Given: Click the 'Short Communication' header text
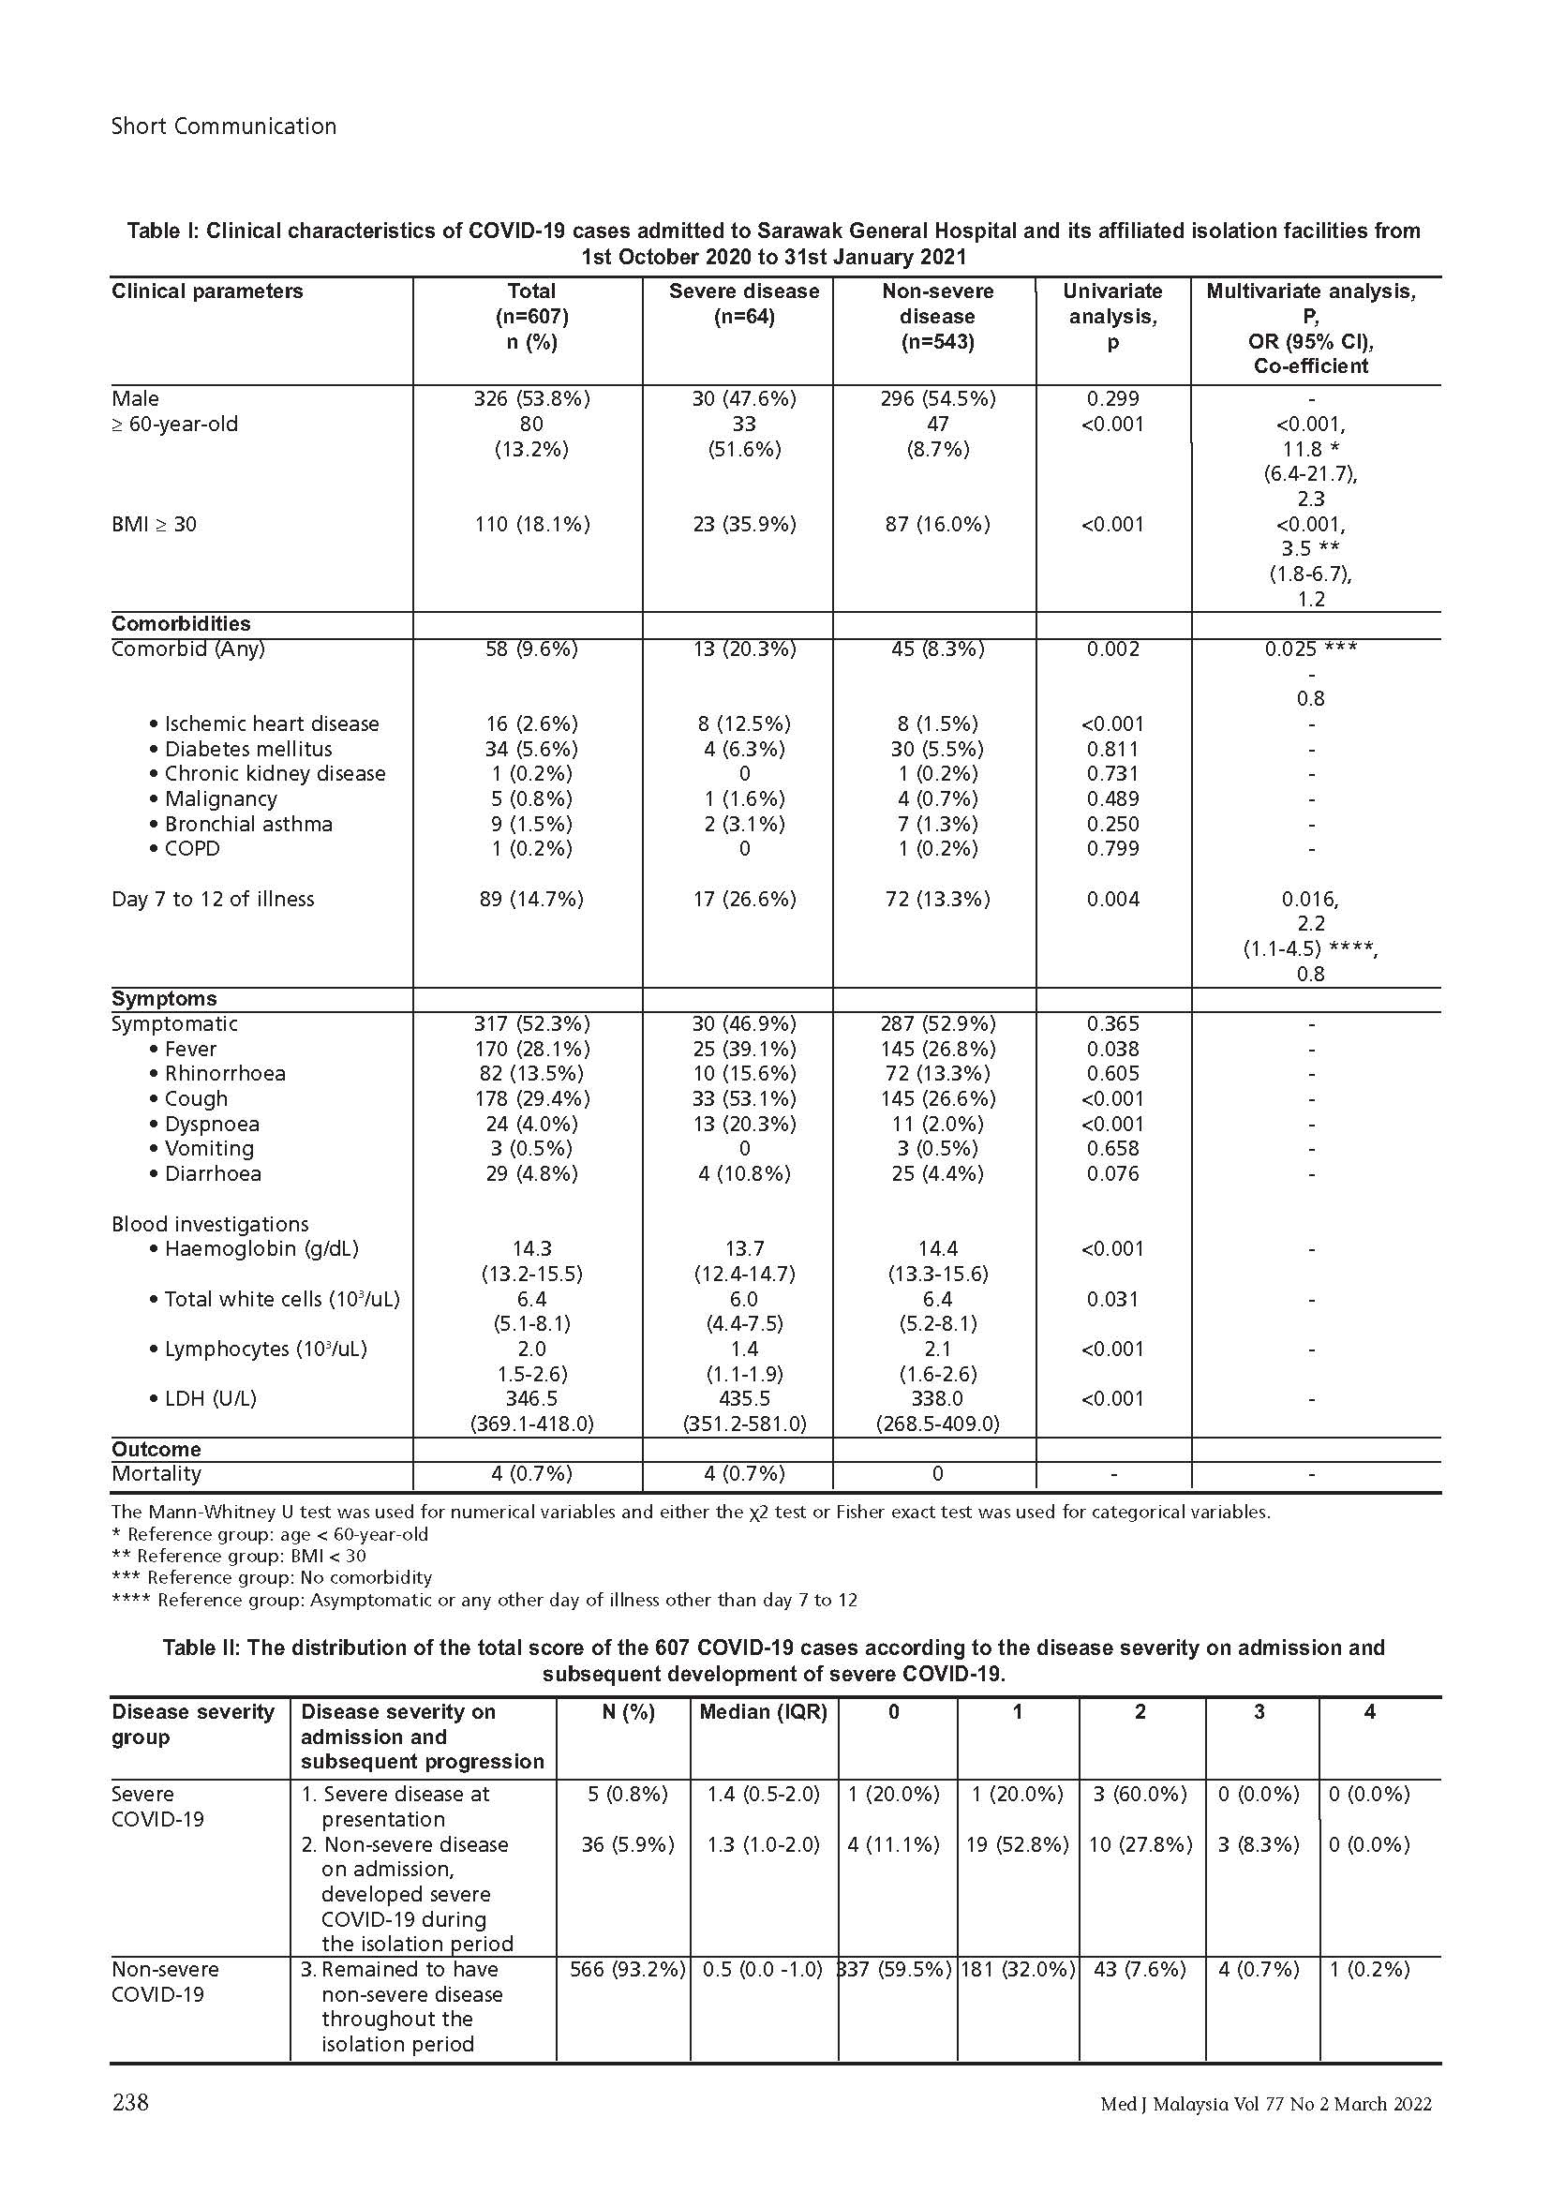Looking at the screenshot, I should (x=223, y=126).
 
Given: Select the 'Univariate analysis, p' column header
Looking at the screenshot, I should (x=1112, y=316).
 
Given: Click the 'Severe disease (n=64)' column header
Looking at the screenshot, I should (x=743, y=304).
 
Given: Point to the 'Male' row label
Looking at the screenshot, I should (x=136, y=398).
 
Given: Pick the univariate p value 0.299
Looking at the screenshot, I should (x=1112, y=398).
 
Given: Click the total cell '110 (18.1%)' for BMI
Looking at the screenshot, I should (x=531, y=524).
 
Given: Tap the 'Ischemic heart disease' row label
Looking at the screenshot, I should (x=271, y=723).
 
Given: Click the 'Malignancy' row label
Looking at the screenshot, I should (x=220, y=798).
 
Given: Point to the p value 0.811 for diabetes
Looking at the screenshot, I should (x=1112, y=749).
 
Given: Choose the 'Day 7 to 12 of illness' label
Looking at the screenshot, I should (x=213, y=899).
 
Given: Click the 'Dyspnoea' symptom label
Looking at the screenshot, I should (x=211, y=1124).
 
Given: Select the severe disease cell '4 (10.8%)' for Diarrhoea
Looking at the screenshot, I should (x=743, y=1173).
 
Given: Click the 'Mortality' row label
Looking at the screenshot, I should (x=156, y=1473).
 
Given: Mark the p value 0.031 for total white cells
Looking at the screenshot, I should (x=1112, y=1298).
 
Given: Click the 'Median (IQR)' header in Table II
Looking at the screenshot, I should (x=763, y=1712).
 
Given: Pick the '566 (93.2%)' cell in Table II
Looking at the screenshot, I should (x=627, y=1969).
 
